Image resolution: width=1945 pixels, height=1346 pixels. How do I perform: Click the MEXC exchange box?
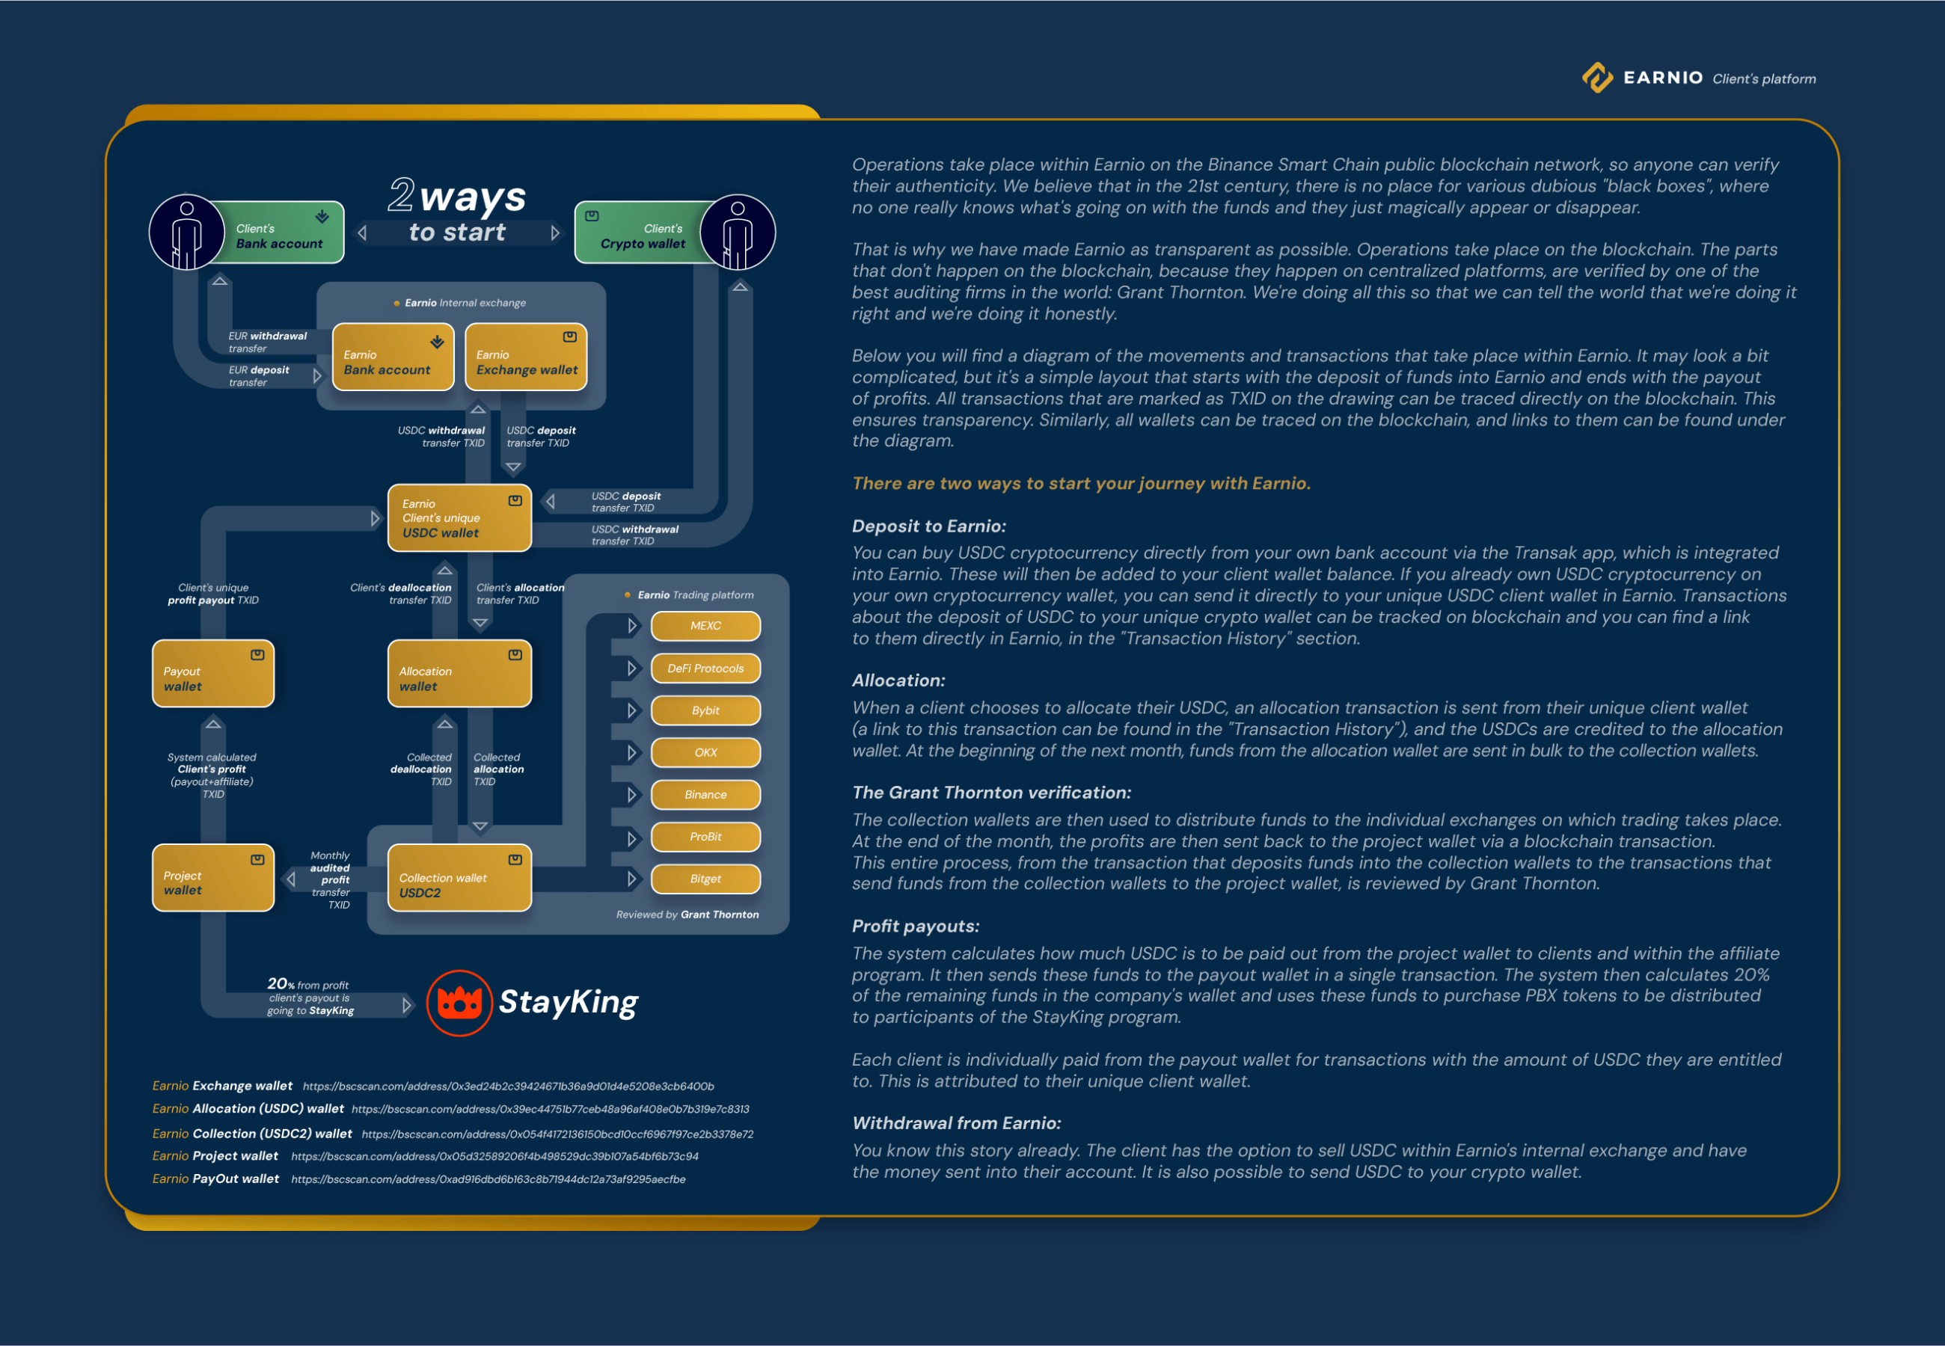[x=705, y=626]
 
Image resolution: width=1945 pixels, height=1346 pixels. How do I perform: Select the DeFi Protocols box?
[x=705, y=668]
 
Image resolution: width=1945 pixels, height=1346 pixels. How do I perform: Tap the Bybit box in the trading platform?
[x=705, y=710]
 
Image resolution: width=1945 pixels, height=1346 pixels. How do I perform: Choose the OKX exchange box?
[x=705, y=752]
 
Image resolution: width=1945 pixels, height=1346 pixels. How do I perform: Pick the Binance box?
[x=705, y=794]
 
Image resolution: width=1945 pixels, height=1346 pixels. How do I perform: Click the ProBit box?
[x=705, y=837]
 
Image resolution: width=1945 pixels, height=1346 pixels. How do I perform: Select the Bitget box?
[x=705, y=879]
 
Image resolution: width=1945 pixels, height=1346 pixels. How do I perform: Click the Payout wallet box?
[x=213, y=674]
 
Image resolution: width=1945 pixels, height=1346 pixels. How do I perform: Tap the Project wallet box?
[x=213, y=878]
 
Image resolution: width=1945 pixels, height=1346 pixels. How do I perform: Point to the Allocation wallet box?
[x=459, y=674]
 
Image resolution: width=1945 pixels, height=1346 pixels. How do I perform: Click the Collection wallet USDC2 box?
[x=459, y=878]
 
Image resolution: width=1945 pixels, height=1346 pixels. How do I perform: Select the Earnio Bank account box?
[x=393, y=357]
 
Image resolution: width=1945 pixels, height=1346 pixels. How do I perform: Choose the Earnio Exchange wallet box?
[x=527, y=357]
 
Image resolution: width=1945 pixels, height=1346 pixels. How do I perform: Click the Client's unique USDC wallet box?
[x=459, y=517]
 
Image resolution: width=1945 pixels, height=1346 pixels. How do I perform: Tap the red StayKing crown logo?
[x=459, y=1003]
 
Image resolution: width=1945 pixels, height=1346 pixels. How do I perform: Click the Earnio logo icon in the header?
[x=1597, y=78]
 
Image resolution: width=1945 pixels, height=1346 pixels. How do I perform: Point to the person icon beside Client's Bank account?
[x=186, y=233]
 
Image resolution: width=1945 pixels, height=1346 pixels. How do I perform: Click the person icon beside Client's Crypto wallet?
[x=738, y=233]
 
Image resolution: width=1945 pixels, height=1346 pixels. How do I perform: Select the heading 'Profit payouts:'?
[x=915, y=926]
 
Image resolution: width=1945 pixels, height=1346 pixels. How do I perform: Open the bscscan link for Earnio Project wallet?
[x=494, y=1156]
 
